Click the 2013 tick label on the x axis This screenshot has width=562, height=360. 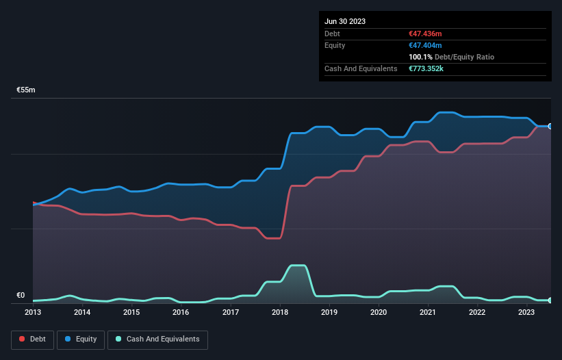click(x=33, y=312)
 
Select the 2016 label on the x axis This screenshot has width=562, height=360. click(x=181, y=312)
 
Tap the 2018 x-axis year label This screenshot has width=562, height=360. click(x=279, y=312)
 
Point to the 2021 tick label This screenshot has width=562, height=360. click(x=428, y=312)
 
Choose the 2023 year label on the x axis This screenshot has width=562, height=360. click(x=526, y=312)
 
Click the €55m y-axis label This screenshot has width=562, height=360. click(x=26, y=90)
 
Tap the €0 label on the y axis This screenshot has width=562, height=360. click(x=21, y=296)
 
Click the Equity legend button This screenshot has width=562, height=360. click(x=81, y=339)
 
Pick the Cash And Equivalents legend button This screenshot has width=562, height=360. click(x=157, y=339)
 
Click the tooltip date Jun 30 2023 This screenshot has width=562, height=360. click(x=345, y=21)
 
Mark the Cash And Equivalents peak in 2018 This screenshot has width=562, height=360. click(x=297, y=266)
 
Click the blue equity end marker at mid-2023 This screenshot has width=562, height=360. click(x=550, y=126)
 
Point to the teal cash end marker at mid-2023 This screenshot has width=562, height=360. click(x=550, y=300)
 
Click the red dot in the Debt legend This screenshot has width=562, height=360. click(x=23, y=339)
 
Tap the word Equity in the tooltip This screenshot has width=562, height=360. click(x=335, y=45)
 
